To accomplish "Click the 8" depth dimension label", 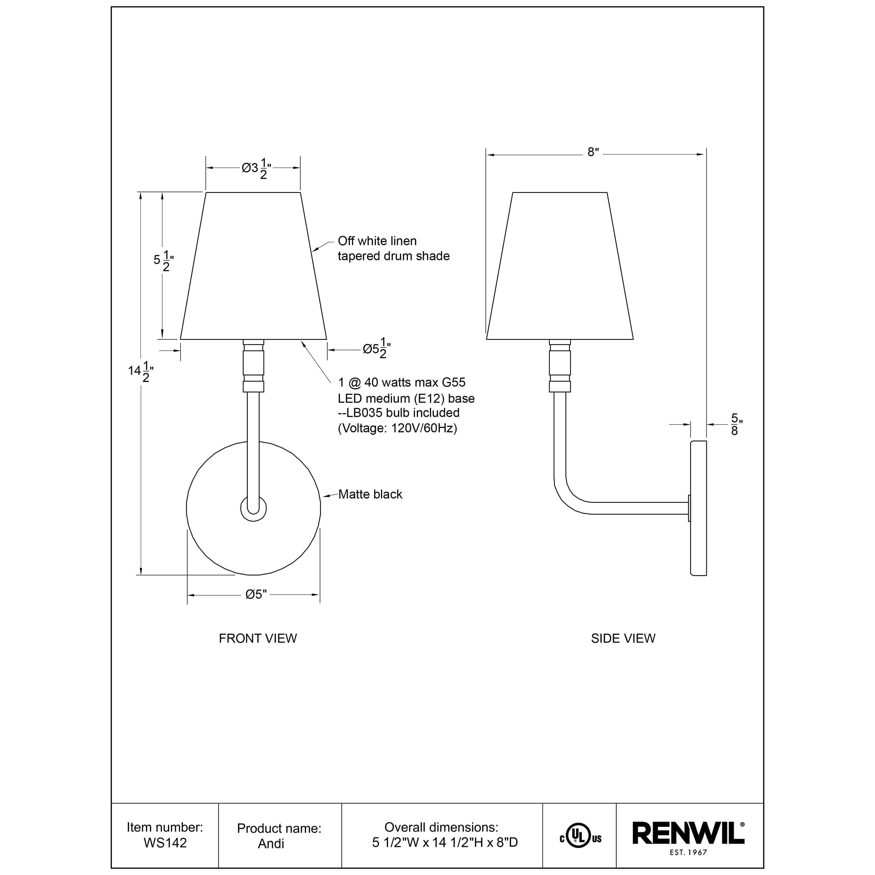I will pos(593,152).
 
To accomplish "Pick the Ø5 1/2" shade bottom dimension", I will pos(376,349).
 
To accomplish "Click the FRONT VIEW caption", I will pos(258,638).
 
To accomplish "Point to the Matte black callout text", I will pos(370,494).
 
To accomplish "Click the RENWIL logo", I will pos(688,833).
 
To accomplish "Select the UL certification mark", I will pos(580,838).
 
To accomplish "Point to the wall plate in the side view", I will pos(698,507).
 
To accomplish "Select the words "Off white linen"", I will pos(377,241).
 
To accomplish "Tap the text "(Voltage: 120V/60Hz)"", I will pos(397,428).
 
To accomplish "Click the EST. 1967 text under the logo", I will pos(688,852).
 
